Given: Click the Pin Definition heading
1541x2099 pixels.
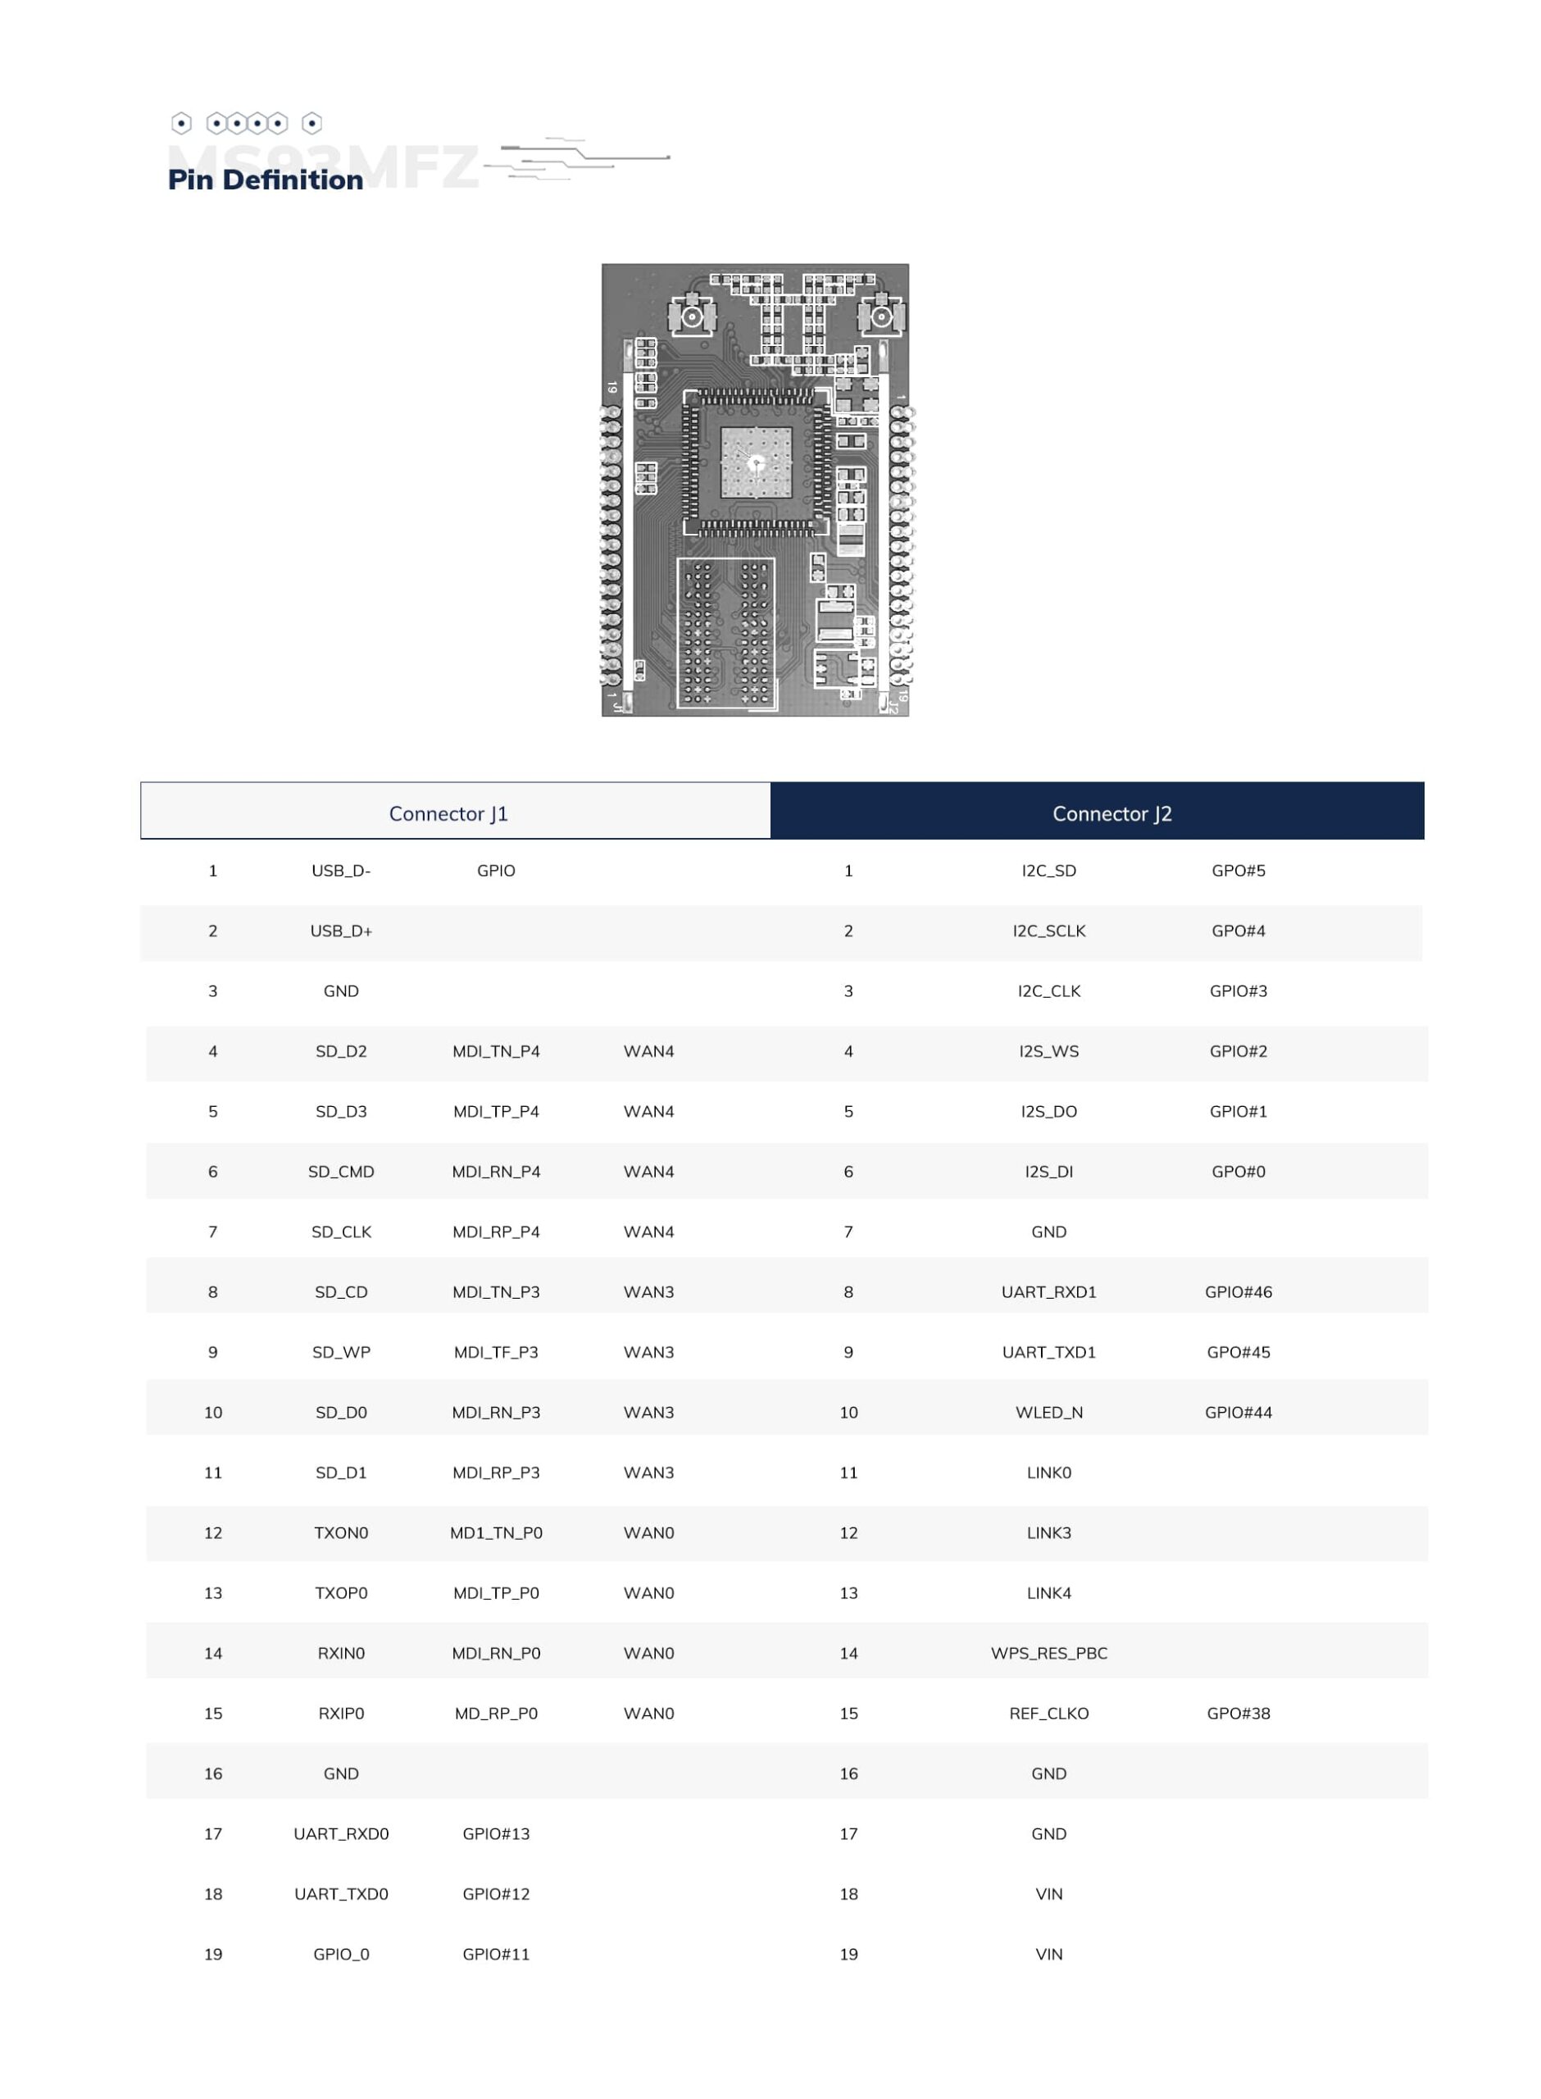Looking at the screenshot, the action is (x=266, y=180).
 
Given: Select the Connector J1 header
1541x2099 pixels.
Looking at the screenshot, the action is (x=448, y=813).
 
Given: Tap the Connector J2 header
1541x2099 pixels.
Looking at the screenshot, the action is (x=1112, y=813).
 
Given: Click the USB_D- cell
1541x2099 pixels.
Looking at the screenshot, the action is (x=342, y=871).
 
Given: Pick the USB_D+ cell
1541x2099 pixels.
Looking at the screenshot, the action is (x=342, y=931).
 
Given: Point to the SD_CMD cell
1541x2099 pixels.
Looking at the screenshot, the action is (x=342, y=1172).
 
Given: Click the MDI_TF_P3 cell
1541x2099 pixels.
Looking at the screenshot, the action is (x=496, y=1353).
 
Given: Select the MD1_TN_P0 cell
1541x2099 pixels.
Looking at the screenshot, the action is (x=496, y=1532).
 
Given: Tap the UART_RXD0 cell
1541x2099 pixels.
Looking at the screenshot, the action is (x=342, y=1834).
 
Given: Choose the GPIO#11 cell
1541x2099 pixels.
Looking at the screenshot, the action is (x=496, y=1955).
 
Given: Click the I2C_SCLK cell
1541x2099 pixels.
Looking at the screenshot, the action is (x=1049, y=931).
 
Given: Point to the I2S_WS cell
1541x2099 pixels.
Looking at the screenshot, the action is (x=1049, y=1051).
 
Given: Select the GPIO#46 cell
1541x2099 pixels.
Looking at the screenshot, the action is (x=1239, y=1292).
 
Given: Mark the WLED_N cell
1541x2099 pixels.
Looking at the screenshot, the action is (x=1049, y=1413).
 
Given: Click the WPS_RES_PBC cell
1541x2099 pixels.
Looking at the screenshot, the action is (x=1049, y=1653).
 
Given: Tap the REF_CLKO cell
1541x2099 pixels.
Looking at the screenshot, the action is (x=1049, y=1714).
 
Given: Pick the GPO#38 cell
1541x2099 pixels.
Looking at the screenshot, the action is (x=1239, y=1714).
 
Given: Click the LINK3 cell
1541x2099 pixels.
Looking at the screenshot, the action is (x=1049, y=1532).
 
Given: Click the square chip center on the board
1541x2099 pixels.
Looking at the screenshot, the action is (x=756, y=462).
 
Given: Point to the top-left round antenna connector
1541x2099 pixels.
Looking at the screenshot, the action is (x=691, y=316).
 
